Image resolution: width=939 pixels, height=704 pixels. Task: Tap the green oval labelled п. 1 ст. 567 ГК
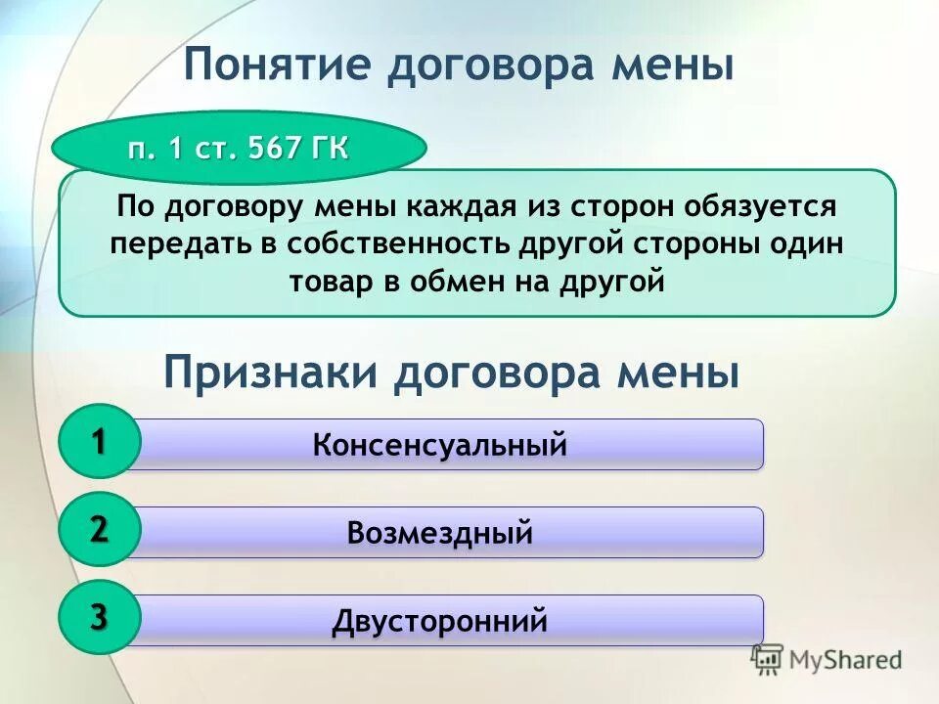pyautogui.click(x=239, y=149)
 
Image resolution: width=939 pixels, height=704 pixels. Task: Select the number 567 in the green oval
pyautogui.click(x=277, y=149)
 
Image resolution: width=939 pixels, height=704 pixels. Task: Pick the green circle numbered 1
pyautogui.click(x=99, y=442)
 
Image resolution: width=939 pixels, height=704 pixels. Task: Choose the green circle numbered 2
pyautogui.click(x=99, y=529)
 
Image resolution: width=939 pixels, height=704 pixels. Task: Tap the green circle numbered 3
pyautogui.click(x=99, y=617)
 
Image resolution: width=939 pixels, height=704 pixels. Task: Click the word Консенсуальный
pyautogui.click(x=440, y=446)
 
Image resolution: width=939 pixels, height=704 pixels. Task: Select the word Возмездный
pyautogui.click(x=440, y=534)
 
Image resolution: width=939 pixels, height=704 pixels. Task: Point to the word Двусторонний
pyautogui.click(x=440, y=622)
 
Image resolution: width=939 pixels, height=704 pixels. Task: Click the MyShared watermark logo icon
pyautogui.click(x=769, y=660)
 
